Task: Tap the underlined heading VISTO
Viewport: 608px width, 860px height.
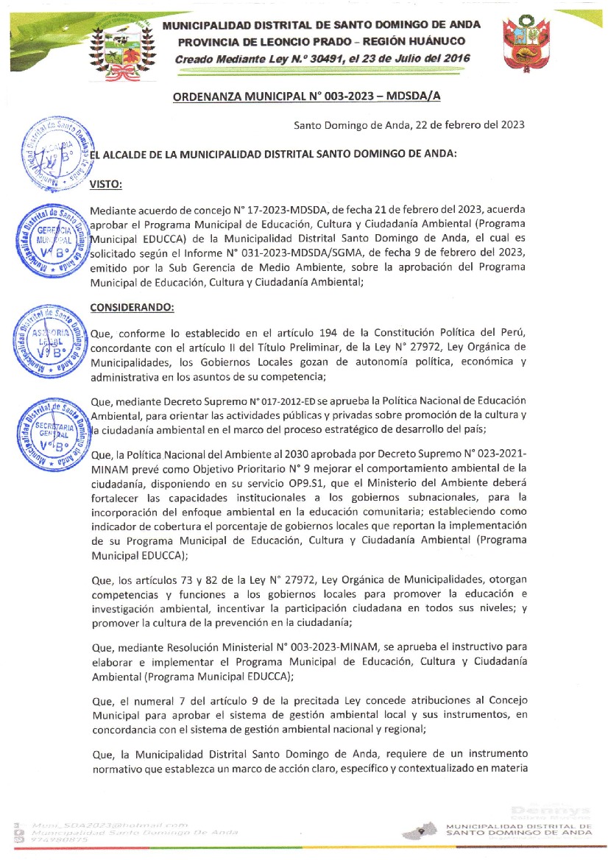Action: [105, 184]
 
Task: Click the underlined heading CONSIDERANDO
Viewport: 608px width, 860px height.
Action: [132, 306]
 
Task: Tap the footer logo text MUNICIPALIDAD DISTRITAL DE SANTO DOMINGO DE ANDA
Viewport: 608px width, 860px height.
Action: [518, 830]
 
